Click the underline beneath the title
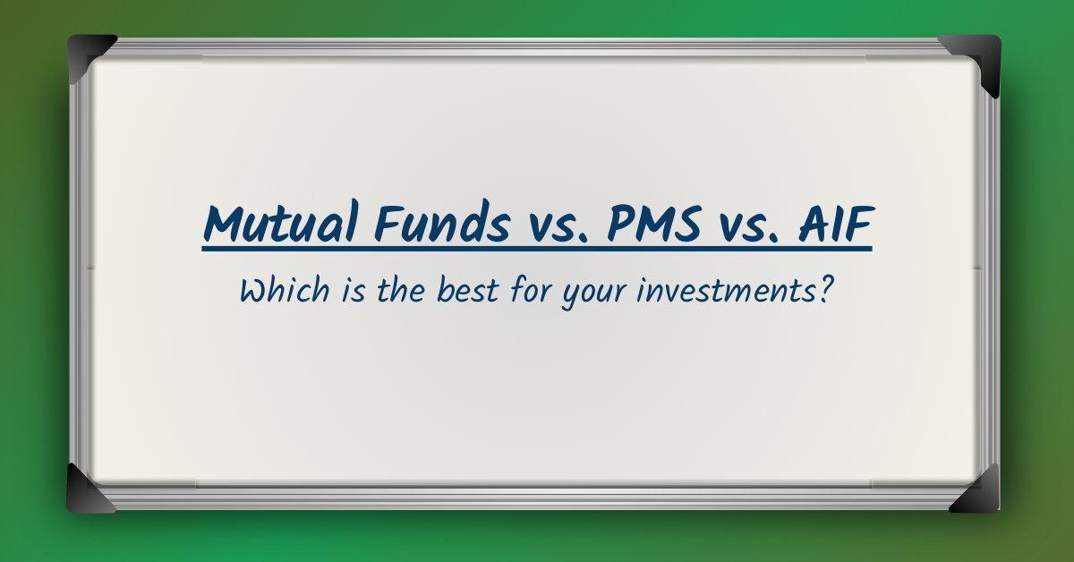click(x=537, y=248)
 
